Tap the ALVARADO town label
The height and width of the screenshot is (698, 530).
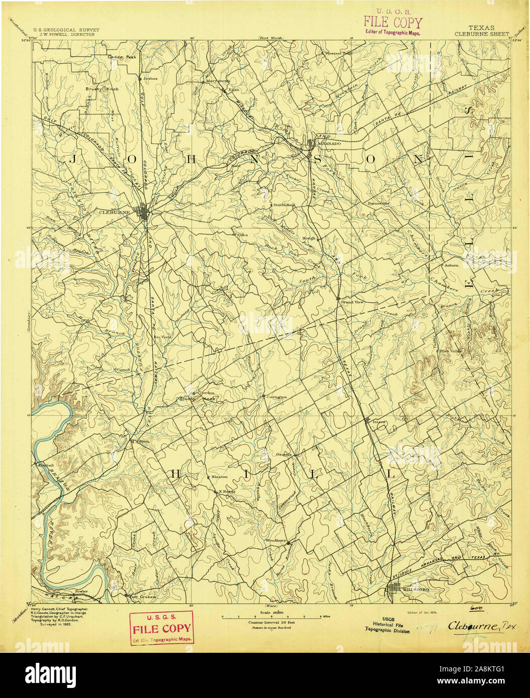click(x=329, y=144)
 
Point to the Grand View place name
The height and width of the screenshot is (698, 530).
click(x=353, y=302)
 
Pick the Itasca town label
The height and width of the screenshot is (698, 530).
click(x=378, y=422)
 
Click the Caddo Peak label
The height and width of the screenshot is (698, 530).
click(x=122, y=57)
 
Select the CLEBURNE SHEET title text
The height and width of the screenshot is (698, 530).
click(x=482, y=34)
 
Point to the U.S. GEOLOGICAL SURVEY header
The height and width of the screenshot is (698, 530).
click(x=66, y=30)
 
